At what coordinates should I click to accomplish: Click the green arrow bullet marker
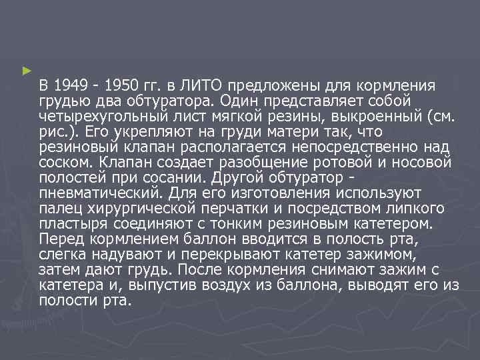coord(26,69)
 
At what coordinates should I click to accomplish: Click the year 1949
coord(70,86)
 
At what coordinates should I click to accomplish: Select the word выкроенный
coord(375,117)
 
